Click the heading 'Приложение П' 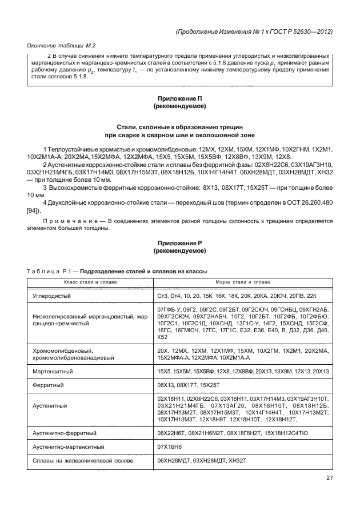tap(179, 99)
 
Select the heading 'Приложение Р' tap(179, 244)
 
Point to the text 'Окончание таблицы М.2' tap(61, 45)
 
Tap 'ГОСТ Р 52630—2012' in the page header tap(301, 31)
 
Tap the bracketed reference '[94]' tap(33, 209)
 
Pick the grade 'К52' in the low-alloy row tap(163, 336)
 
